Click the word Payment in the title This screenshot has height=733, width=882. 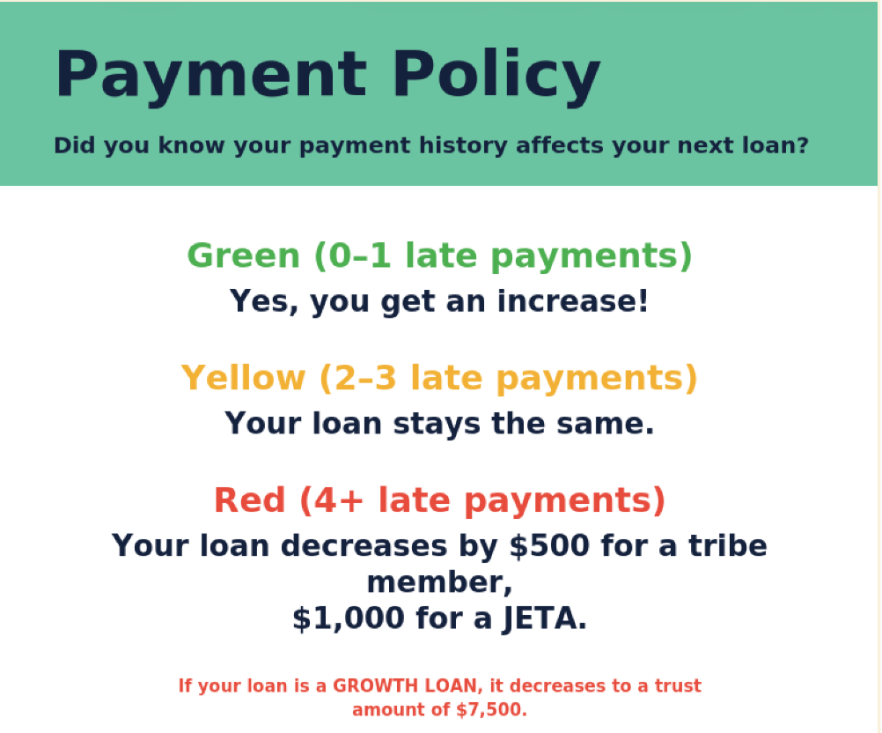(x=211, y=76)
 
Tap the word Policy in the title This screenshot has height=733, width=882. (x=496, y=76)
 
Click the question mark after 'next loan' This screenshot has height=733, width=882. (x=803, y=144)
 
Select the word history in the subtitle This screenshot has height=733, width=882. (x=463, y=146)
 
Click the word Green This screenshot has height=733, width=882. (x=244, y=256)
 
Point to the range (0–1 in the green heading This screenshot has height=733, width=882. (x=353, y=256)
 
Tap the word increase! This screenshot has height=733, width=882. (x=573, y=300)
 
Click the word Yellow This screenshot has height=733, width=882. (x=243, y=378)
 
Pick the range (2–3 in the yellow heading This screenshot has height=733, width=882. (x=358, y=378)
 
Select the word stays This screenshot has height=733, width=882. (x=437, y=424)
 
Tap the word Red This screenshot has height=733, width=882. (x=250, y=500)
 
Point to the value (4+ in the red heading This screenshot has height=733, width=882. (x=332, y=500)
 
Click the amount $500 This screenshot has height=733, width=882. (x=549, y=545)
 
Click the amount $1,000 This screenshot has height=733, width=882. (x=349, y=618)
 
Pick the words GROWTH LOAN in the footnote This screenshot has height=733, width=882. (x=408, y=685)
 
